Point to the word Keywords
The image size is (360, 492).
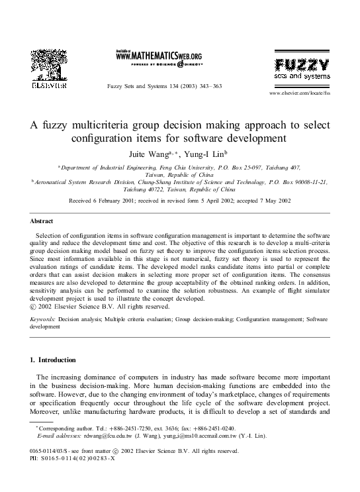43,319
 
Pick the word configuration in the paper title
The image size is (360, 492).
105,138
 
